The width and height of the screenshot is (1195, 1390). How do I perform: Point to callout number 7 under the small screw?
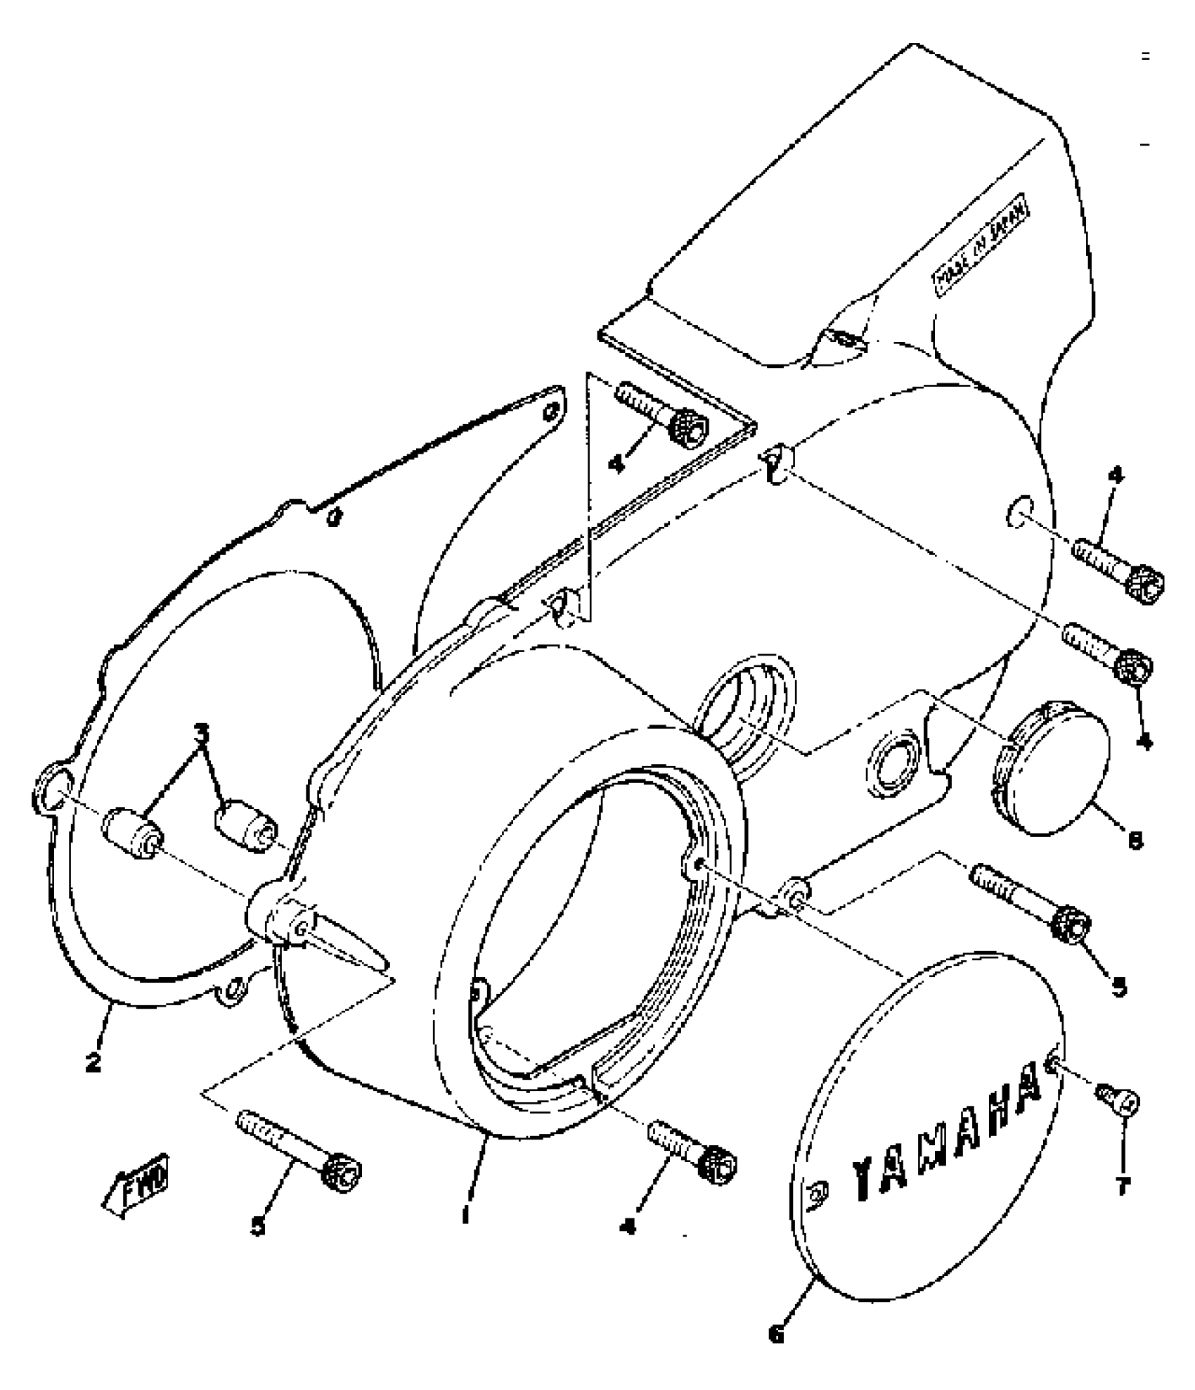pyautogui.click(x=1123, y=1187)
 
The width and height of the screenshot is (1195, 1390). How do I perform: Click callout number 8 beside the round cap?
pyautogui.click(x=1134, y=840)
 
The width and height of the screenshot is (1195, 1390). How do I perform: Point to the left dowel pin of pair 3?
pyautogui.click(x=134, y=832)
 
